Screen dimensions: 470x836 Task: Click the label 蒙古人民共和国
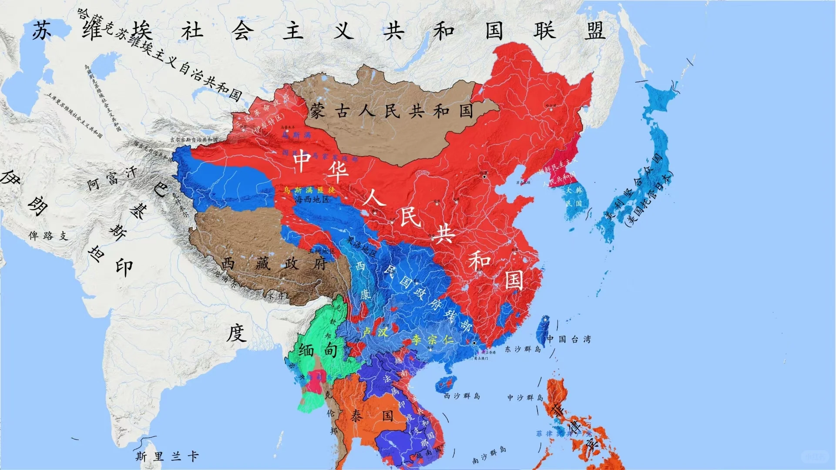click(x=392, y=111)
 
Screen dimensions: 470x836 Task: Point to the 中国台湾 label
click(x=569, y=339)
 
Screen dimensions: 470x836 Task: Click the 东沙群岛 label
click(x=523, y=349)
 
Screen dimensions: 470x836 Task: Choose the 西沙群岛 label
click(x=462, y=396)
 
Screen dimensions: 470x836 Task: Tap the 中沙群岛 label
click(x=525, y=397)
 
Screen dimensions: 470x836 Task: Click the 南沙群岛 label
click(x=490, y=454)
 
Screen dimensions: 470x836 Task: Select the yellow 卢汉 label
click(x=375, y=332)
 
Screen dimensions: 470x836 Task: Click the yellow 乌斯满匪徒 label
click(x=309, y=190)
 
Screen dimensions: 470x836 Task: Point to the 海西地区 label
click(x=312, y=199)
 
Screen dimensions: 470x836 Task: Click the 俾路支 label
click(x=48, y=235)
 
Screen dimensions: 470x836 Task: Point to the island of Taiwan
click(x=543, y=331)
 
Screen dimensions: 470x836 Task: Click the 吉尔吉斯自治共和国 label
click(x=194, y=140)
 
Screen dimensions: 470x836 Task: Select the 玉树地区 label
click(x=322, y=251)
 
